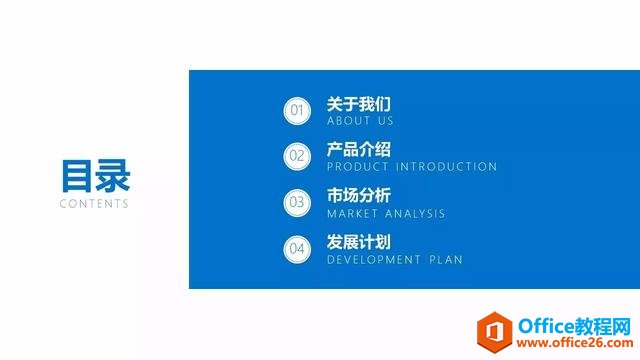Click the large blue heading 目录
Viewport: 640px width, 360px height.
[x=95, y=175]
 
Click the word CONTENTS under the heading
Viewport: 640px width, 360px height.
[x=94, y=203]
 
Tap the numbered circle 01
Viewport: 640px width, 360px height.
[x=296, y=110]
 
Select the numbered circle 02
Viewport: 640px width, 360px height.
[x=296, y=155]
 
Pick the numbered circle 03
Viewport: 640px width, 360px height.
[x=296, y=201]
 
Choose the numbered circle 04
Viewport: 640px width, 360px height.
[x=296, y=248]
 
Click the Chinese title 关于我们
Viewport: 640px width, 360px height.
[x=358, y=104]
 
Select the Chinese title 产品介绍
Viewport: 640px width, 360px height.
[x=358, y=150]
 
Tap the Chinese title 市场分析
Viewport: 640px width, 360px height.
[x=358, y=196]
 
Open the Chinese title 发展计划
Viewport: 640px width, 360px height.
[x=358, y=242]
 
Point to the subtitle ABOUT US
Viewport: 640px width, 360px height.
[x=360, y=121]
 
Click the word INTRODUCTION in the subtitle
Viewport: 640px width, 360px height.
[x=446, y=167]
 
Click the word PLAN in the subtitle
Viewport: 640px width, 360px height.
[x=446, y=259]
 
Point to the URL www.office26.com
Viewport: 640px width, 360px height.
[x=574, y=344]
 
